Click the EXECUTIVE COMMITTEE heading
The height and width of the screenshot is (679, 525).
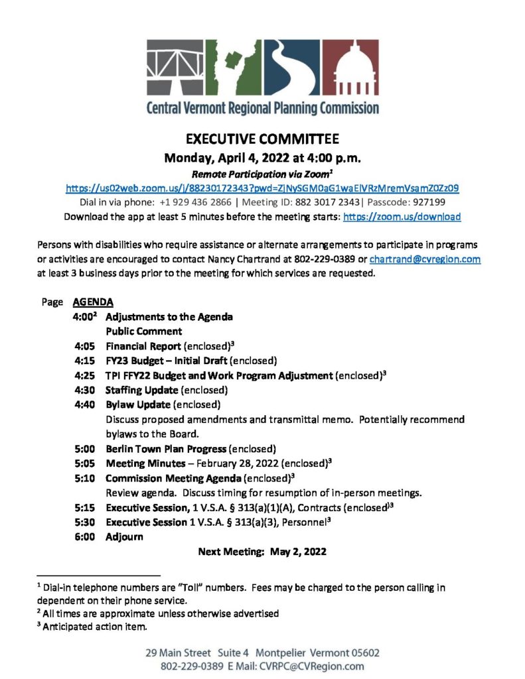pos(262,139)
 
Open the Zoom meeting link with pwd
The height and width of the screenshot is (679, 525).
pos(262,188)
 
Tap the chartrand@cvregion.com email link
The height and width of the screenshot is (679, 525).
pos(425,259)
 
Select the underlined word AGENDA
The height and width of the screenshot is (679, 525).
pos(88,300)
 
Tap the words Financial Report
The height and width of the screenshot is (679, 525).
pos(143,346)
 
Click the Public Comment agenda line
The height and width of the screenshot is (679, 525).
pos(144,331)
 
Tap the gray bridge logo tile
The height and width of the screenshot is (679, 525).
pos(176,67)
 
